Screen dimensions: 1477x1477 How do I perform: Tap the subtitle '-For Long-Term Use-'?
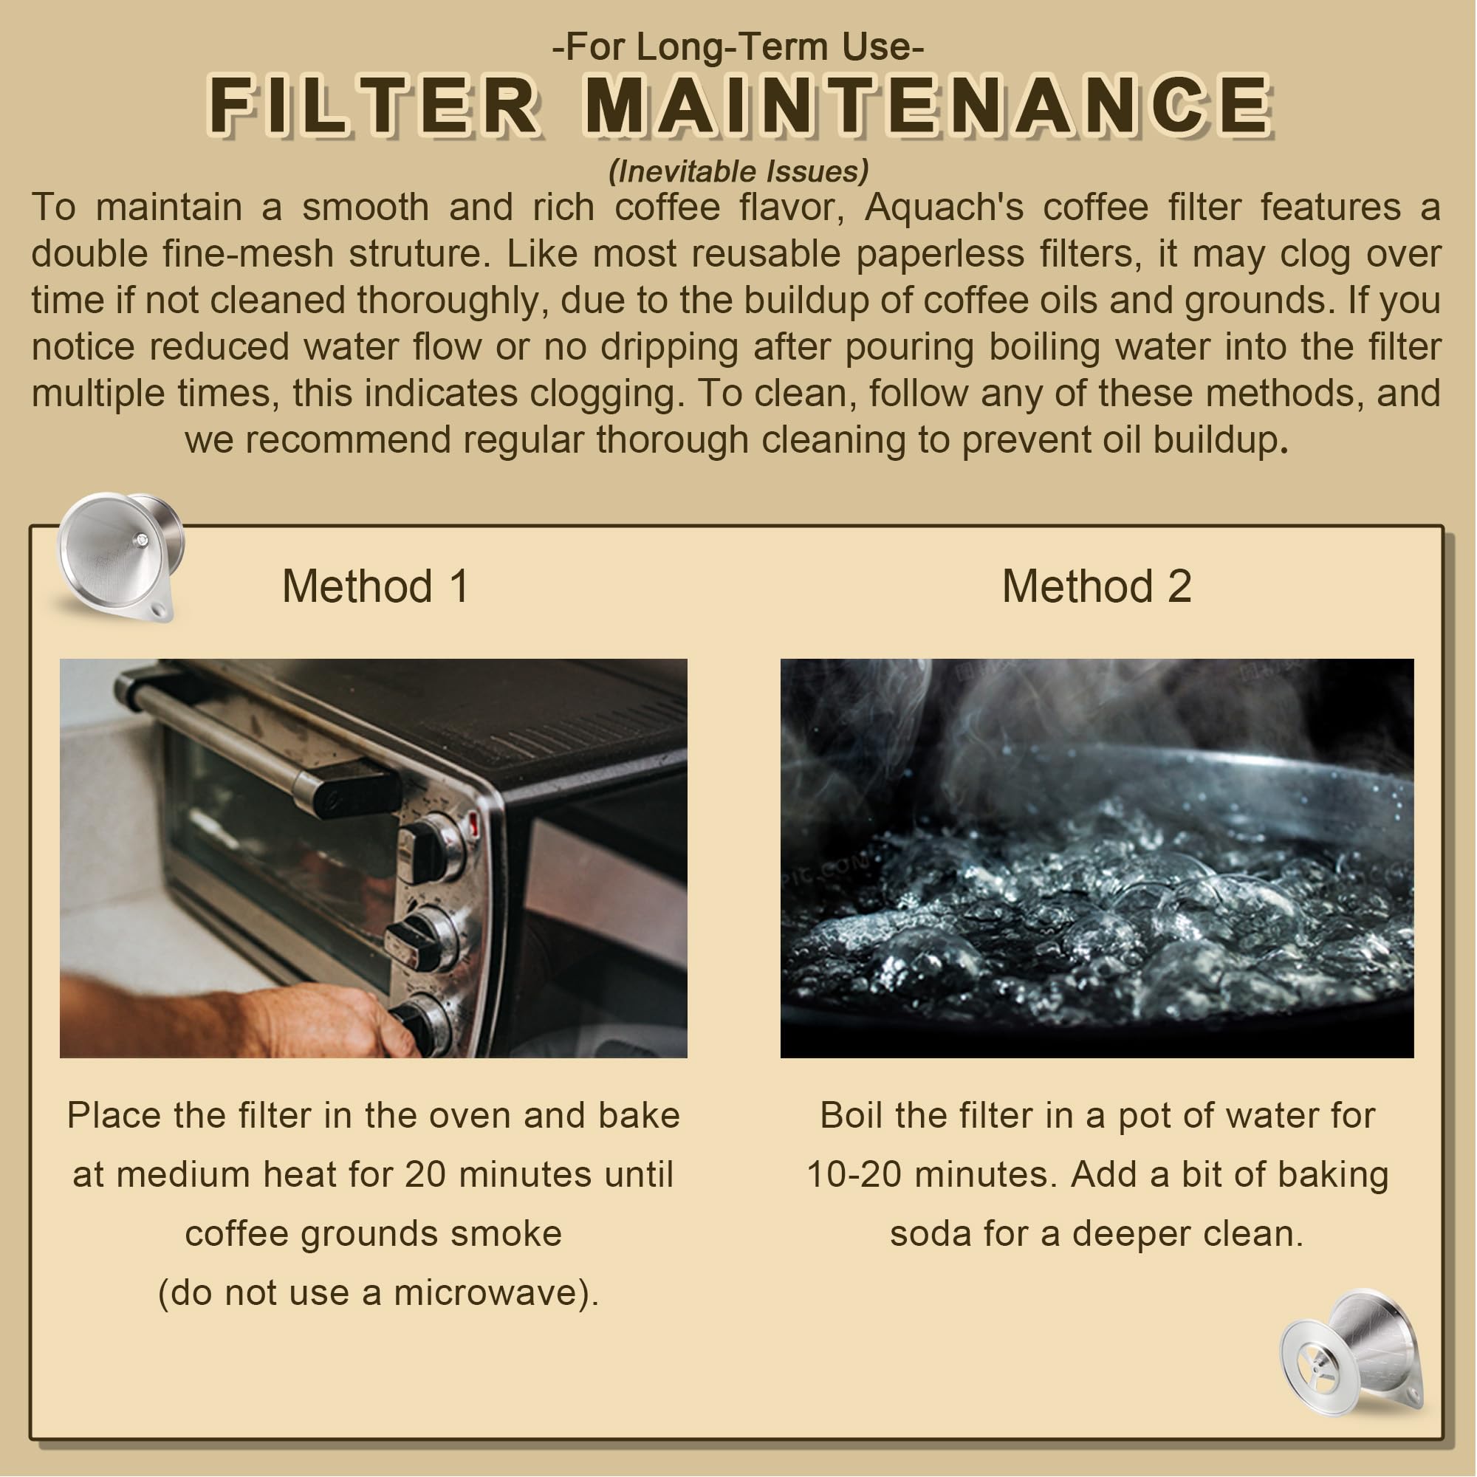(x=738, y=46)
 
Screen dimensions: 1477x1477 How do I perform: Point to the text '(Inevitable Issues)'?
(x=738, y=171)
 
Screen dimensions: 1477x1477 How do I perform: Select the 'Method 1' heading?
(x=375, y=586)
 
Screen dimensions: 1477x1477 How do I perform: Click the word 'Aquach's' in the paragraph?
(x=943, y=208)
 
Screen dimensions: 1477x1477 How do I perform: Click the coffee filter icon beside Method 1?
(x=121, y=557)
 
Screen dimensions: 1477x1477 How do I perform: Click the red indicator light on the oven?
(x=474, y=824)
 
